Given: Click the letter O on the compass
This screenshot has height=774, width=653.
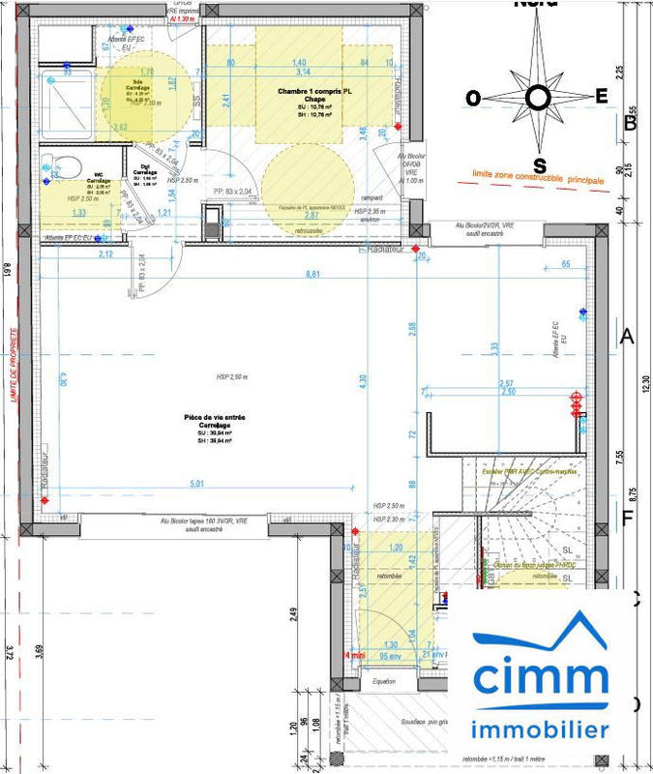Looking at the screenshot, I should (473, 98).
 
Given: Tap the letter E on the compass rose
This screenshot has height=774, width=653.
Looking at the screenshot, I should (602, 95).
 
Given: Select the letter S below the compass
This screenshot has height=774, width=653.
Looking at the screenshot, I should (540, 162).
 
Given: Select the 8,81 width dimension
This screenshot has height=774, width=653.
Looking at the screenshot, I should (312, 275).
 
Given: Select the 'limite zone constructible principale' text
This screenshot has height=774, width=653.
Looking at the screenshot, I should (538, 177).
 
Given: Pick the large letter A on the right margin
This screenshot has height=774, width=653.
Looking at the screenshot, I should (626, 337).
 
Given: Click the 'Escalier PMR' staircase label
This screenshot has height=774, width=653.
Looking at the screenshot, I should (513, 471).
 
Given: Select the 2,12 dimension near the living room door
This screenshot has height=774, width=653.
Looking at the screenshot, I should (106, 254).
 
